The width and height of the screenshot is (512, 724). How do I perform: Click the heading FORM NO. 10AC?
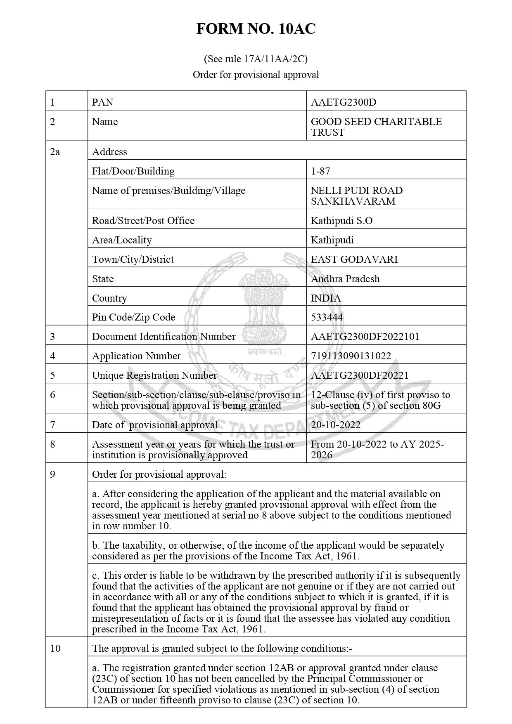coord(256,29)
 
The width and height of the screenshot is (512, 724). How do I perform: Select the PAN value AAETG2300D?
coord(344,102)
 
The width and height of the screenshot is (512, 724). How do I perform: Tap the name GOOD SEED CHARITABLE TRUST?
coord(376,127)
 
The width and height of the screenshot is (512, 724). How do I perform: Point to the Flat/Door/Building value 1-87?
coord(320,171)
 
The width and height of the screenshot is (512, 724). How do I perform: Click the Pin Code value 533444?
coord(327,317)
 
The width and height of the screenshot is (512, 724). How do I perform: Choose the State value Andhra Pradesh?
coord(345,279)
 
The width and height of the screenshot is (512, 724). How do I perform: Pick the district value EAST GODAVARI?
coord(354,259)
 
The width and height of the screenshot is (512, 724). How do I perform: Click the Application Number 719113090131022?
coord(351,356)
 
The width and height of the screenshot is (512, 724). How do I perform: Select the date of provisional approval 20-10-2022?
coord(336,425)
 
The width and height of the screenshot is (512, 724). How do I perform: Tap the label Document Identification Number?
coord(164,337)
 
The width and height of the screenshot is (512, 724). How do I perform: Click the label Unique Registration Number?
coord(154,375)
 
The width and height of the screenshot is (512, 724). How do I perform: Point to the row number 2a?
coord(55,152)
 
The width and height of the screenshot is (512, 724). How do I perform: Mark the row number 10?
coord(55,649)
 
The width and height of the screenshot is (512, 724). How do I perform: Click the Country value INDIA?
coord(326,298)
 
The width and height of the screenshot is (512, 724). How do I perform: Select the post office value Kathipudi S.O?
coord(341,221)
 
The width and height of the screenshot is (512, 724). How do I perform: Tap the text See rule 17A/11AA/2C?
coord(256,59)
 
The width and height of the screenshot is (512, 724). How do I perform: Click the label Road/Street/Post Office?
coord(143,221)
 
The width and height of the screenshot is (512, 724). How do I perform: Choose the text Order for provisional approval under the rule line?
coord(256,75)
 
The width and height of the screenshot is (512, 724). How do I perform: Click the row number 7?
coord(52,425)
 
